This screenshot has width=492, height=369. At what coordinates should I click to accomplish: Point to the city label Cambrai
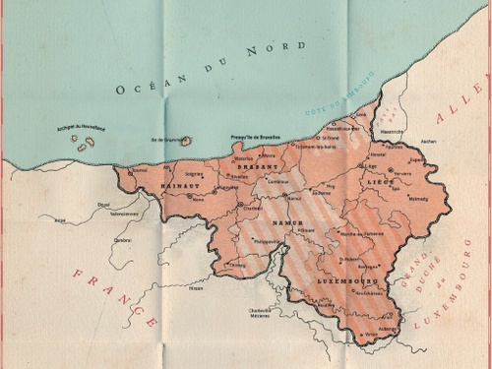[122, 239]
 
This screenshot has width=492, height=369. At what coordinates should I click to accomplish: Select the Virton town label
[370, 336]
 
